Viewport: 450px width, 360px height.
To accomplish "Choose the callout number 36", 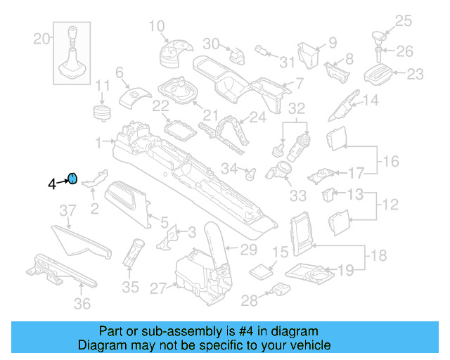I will click(x=83, y=304).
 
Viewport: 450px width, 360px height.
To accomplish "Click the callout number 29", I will click(x=249, y=250).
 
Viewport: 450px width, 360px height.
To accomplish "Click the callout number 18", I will click(x=378, y=255).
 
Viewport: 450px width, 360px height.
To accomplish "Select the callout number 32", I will click(x=297, y=108).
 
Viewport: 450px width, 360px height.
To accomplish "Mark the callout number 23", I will click(x=416, y=73).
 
